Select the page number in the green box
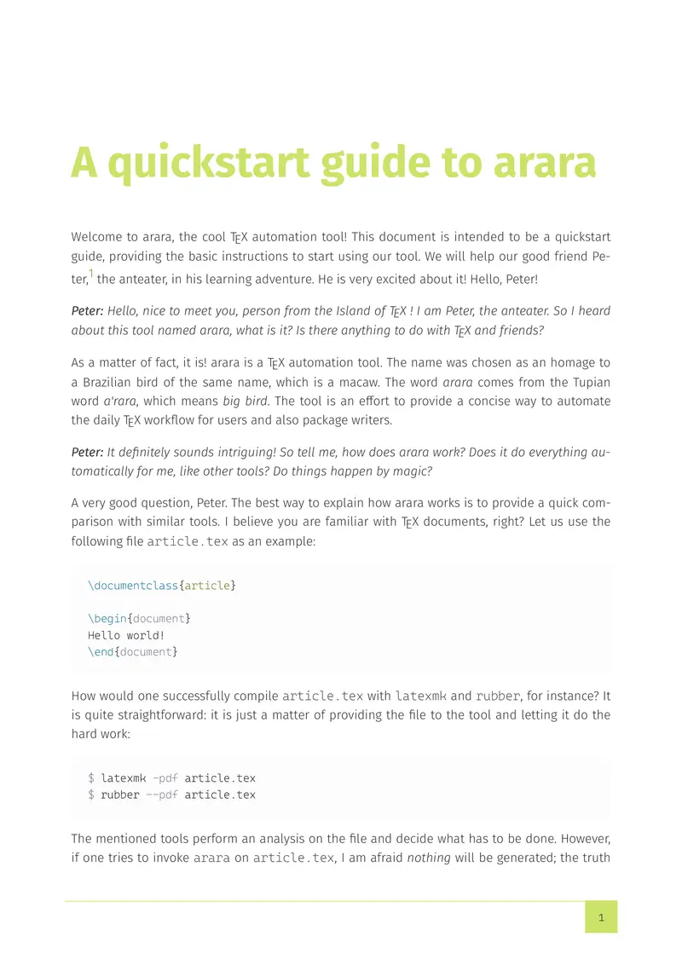pos(601,917)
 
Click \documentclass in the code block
pos(133,586)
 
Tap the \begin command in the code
pos(107,619)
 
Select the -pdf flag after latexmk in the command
pos(165,778)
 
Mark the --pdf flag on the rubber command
pos(161,795)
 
